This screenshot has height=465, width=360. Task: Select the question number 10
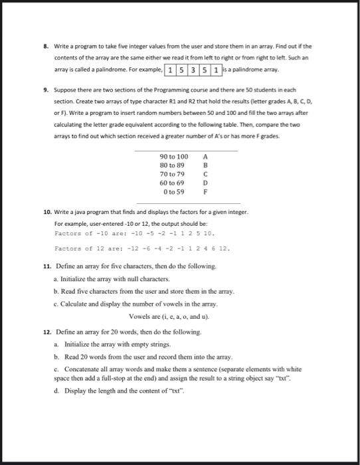click(x=46, y=211)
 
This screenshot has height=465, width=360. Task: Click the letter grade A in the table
click(x=206, y=156)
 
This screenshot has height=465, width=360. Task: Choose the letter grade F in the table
click(x=206, y=191)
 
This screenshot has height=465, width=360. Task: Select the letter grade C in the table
click(x=206, y=173)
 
